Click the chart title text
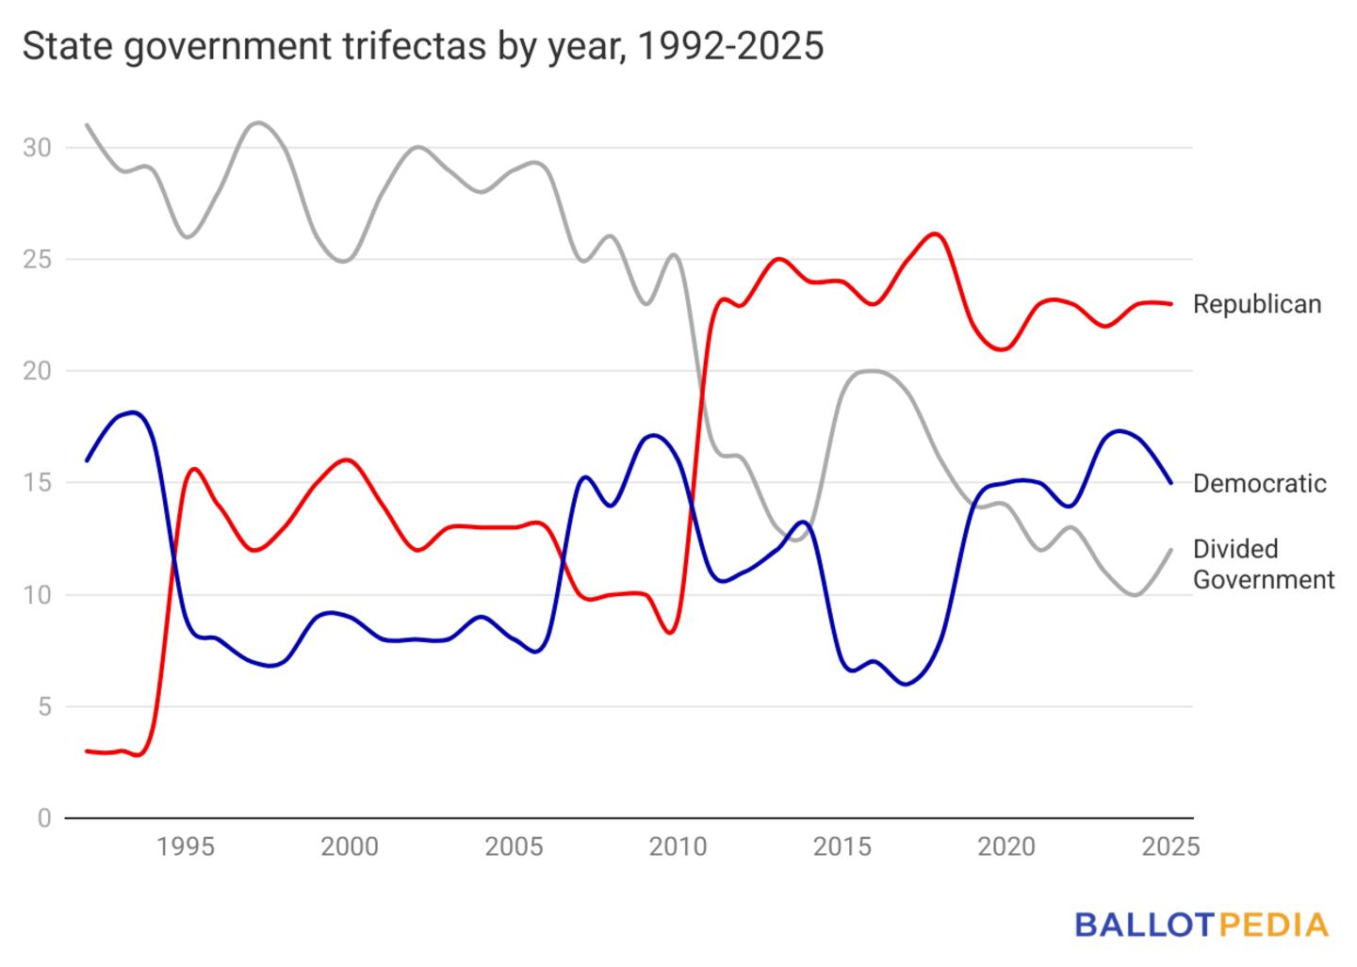pyautogui.click(x=423, y=46)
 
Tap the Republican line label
pyautogui.click(x=1257, y=304)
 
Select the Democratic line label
pyautogui.click(x=1259, y=483)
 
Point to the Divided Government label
pyautogui.click(x=1263, y=564)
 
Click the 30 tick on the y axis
pyautogui.click(x=38, y=148)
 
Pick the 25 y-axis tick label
pyautogui.click(x=38, y=260)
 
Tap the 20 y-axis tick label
pyautogui.click(x=38, y=371)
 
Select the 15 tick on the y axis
pyautogui.click(x=38, y=483)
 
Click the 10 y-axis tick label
pyautogui.click(x=38, y=595)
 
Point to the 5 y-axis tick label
pyautogui.click(x=44, y=706)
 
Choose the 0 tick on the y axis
pyautogui.click(x=44, y=818)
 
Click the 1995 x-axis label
pyautogui.click(x=186, y=846)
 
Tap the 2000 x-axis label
pyautogui.click(x=350, y=846)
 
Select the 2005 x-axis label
pyautogui.click(x=514, y=846)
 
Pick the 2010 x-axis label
pyautogui.click(x=678, y=846)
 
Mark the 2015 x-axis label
pyautogui.click(x=842, y=846)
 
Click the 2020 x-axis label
pyautogui.click(x=1006, y=846)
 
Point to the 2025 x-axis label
pyautogui.click(x=1170, y=846)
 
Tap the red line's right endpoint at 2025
pyautogui.click(x=1171, y=304)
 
